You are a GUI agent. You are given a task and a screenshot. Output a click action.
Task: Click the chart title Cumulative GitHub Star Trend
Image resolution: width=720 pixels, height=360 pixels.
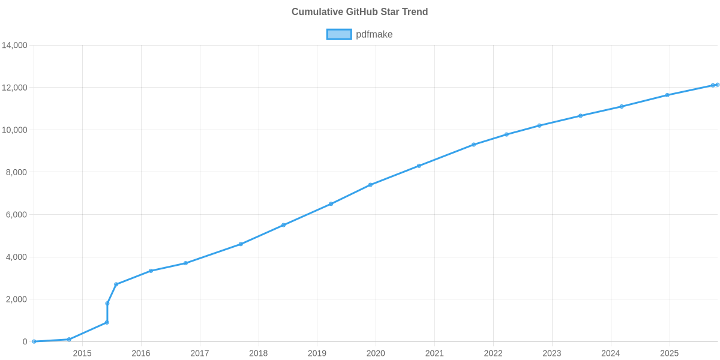[x=359, y=12]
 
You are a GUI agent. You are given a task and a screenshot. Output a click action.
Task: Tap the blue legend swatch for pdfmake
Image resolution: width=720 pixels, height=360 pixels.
[x=338, y=34]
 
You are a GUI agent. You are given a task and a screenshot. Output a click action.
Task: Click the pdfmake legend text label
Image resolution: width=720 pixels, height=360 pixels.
[x=374, y=34]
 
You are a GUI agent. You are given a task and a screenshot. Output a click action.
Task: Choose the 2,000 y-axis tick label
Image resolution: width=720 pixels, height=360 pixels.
[x=17, y=299]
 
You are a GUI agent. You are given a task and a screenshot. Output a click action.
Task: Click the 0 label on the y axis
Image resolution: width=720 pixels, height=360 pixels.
[x=25, y=342]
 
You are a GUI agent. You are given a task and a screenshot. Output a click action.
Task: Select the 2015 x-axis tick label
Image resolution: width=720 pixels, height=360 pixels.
[x=82, y=353]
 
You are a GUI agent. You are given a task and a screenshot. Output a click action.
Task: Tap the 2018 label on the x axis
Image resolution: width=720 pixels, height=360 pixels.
[x=258, y=353]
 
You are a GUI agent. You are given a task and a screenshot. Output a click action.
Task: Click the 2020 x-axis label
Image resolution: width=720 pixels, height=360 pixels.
[x=376, y=353]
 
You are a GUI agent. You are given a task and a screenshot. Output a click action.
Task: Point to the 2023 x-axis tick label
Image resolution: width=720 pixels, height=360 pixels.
[x=552, y=353]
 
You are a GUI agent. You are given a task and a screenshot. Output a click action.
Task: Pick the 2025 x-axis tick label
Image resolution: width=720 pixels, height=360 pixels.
[x=669, y=353]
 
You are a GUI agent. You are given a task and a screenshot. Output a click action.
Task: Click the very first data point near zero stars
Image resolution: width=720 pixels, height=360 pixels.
[x=34, y=341]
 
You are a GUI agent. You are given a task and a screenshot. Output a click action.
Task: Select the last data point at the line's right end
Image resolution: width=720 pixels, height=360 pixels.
[x=717, y=85]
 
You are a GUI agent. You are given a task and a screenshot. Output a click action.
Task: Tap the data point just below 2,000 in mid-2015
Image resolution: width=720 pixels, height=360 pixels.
[x=107, y=304]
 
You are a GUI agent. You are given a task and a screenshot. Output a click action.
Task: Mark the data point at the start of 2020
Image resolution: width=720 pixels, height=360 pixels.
[x=370, y=185]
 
